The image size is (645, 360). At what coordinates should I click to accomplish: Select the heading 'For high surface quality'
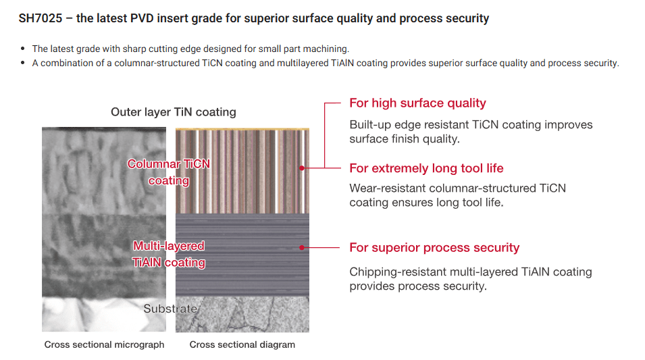417,103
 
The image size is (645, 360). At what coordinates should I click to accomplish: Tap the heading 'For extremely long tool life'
426,168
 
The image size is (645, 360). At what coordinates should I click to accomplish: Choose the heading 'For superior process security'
434,248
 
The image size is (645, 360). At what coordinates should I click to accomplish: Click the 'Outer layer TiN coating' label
174,112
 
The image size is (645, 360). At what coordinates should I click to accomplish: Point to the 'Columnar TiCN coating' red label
169,172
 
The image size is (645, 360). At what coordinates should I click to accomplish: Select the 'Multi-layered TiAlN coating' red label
169,254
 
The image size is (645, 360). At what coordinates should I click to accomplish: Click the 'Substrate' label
170,309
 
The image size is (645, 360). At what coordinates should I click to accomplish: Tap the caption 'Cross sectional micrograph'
104,344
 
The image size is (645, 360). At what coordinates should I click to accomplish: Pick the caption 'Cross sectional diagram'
242,344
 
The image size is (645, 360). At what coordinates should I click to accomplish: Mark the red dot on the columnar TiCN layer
302,168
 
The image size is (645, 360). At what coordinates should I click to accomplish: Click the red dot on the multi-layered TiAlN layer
302,248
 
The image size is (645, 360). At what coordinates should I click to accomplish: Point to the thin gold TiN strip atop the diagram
242,128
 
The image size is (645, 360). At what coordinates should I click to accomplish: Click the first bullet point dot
24,49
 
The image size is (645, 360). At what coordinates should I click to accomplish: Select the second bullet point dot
24,63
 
